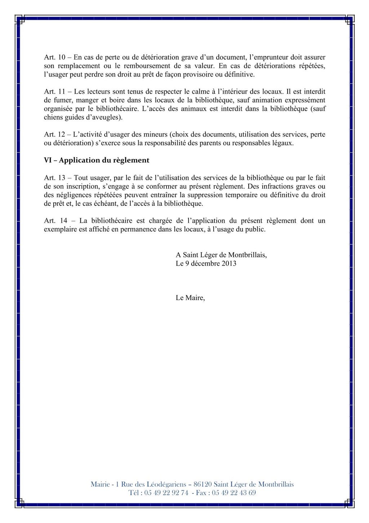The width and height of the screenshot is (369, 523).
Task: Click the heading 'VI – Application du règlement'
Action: click(96, 160)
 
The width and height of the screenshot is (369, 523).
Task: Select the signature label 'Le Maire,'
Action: click(190, 298)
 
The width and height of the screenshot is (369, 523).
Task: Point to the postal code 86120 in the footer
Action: click(202, 484)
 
